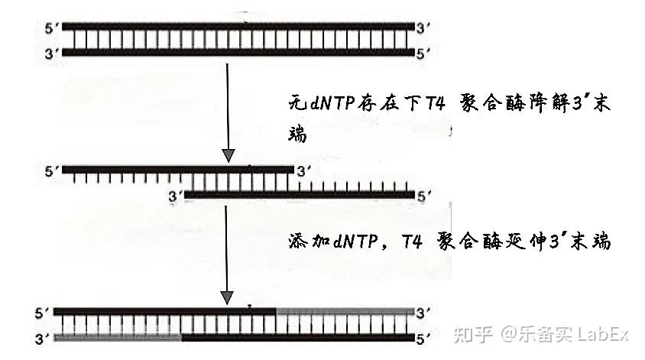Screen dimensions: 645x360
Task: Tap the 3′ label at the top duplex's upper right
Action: click(424, 26)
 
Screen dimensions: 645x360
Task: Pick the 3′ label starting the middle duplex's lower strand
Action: click(173, 196)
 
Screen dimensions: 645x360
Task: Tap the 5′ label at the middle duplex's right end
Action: click(424, 196)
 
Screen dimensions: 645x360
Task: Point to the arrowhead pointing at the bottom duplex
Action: click(227, 296)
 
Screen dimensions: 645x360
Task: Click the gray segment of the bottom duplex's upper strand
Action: click(344, 312)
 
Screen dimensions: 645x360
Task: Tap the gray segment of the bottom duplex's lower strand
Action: click(119, 337)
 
